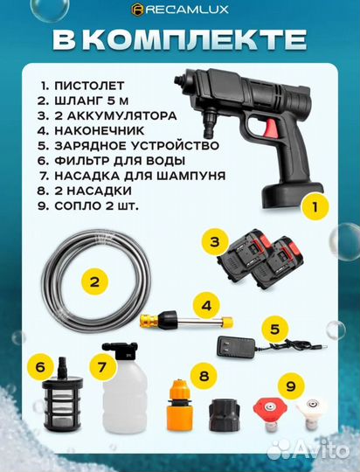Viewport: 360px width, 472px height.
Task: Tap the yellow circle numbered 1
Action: tap(316, 209)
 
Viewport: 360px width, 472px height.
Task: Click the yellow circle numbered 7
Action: tap(104, 367)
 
